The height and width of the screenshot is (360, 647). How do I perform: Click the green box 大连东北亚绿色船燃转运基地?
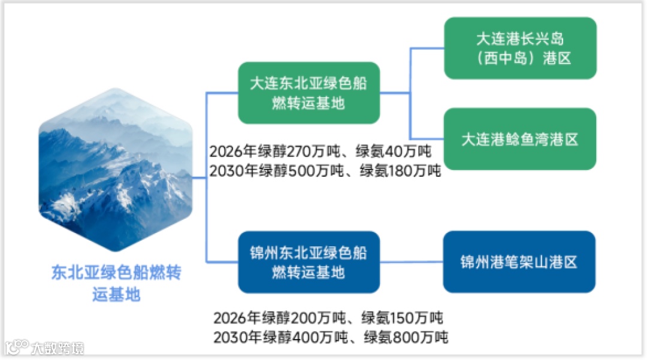pyautogui.click(x=309, y=93)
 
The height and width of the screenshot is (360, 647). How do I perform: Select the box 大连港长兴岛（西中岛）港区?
pyautogui.click(x=520, y=49)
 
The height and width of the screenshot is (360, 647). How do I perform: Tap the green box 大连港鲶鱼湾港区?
pyautogui.click(x=520, y=140)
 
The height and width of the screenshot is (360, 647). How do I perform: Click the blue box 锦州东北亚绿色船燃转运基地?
pyautogui.click(x=309, y=262)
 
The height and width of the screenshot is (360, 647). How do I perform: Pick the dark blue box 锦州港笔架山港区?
pyautogui.click(x=519, y=262)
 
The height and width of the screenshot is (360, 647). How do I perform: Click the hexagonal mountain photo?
pyautogui.click(x=116, y=170)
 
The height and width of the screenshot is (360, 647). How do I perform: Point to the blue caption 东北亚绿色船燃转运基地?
pyautogui.click(x=116, y=284)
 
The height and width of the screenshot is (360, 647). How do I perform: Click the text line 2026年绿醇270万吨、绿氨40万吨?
pyautogui.click(x=321, y=151)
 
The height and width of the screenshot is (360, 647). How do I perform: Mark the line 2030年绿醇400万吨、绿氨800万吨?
pyautogui.click(x=331, y=337)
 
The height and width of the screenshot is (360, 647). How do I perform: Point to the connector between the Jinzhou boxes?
pyautogui.click(x=412, y=262)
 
